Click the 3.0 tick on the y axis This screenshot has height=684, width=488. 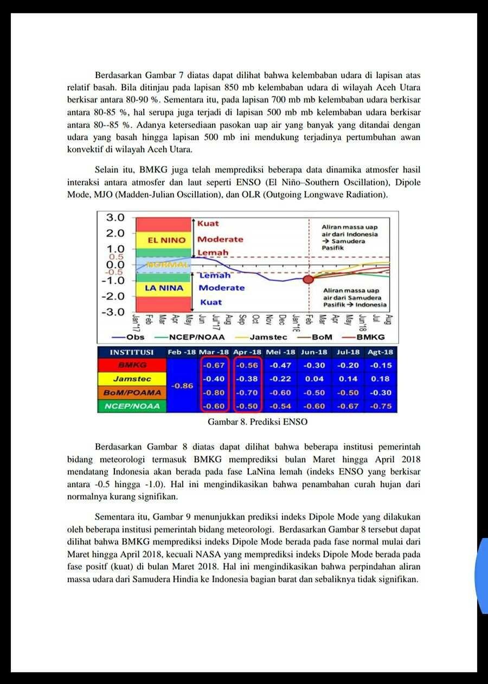(x=115, y=218)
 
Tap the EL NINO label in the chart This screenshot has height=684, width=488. (x=166, y=240)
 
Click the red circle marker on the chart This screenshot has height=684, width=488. (x=308, y=279)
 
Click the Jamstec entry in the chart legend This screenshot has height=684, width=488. (x=268, y=337)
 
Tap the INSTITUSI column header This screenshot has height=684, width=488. (x=132, y=352)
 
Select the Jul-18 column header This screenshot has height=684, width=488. (x=348, y=352)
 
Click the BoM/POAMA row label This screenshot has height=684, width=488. (x=132, y=393)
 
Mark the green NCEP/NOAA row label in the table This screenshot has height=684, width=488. (x=132, y=406)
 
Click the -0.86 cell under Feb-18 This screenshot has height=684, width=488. (x=182, y=386)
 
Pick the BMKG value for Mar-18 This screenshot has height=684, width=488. (x=214, y=366)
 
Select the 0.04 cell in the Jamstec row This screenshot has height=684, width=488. (x=314, y=379)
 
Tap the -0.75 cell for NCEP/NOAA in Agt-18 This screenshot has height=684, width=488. (x=381, y=406)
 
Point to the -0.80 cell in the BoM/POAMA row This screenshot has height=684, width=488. (x=214, y=393)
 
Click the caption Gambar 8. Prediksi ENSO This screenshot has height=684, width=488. (x=258, y=421)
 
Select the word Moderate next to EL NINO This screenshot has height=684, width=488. (x=220, y=239)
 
